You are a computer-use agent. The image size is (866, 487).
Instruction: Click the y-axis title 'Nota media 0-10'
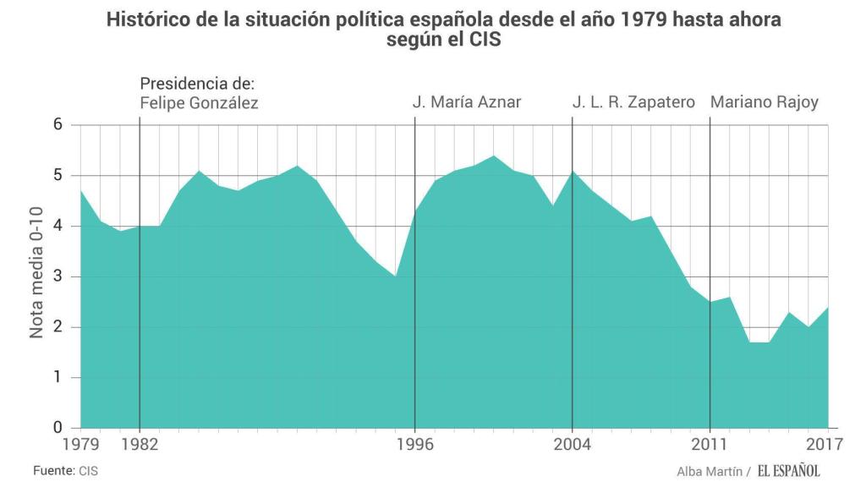coord(37,276)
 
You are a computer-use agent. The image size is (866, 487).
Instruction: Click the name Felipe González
coord(200,104)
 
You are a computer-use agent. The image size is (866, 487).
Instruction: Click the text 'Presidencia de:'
coord(197,85)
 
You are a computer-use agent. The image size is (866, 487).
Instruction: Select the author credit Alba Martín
coord(710,471)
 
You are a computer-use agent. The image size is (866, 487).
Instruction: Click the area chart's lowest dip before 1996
coord(395,277)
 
